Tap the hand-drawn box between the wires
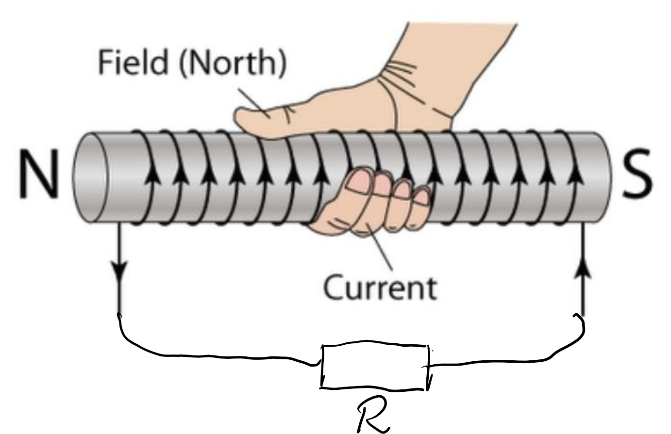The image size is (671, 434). point(375,357)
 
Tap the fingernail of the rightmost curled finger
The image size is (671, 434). point(422,197)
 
